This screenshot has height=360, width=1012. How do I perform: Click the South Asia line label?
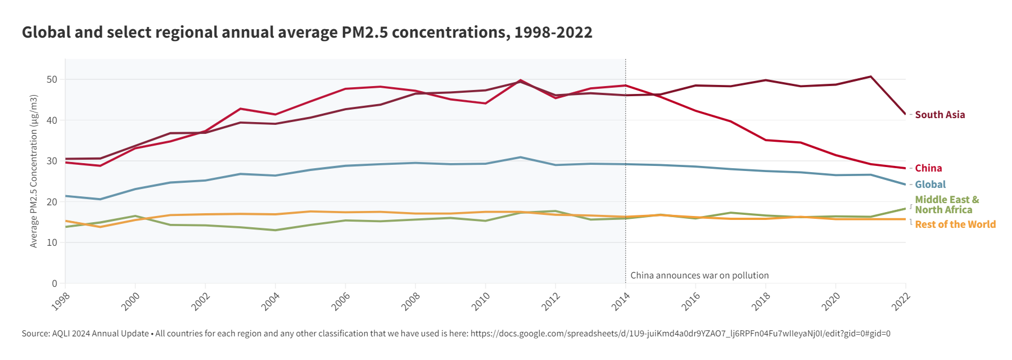(939, 115)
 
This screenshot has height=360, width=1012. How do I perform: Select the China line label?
(928, 168)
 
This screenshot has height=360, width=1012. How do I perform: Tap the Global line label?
(930, 184)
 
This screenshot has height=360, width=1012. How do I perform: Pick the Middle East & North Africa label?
(947, 205)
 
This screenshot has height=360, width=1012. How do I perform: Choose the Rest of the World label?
(955, 224)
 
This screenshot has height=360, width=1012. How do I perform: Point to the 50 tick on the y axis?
(52, 79)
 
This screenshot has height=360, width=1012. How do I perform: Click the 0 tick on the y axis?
(55, 283)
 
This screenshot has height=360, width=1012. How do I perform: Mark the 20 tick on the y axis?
(52, 202)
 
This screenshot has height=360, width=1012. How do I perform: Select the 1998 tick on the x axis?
(61, 301)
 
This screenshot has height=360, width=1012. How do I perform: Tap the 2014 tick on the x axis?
(621, 301)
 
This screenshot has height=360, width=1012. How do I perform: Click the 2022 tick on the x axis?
(901, 301)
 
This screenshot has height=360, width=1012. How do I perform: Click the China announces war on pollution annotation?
(699, 276)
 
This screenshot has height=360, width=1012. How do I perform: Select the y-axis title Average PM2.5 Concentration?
(34, 171)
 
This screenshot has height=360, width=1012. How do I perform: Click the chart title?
(307, 33)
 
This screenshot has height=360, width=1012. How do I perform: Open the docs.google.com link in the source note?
(680, 334)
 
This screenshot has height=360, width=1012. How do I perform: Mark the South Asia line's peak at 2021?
(870, 76)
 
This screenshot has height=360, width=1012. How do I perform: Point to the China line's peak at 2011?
(521, 80)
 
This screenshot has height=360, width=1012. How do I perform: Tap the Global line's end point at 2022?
(905, 184)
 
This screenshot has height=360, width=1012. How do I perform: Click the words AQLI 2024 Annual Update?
(100, 334)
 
